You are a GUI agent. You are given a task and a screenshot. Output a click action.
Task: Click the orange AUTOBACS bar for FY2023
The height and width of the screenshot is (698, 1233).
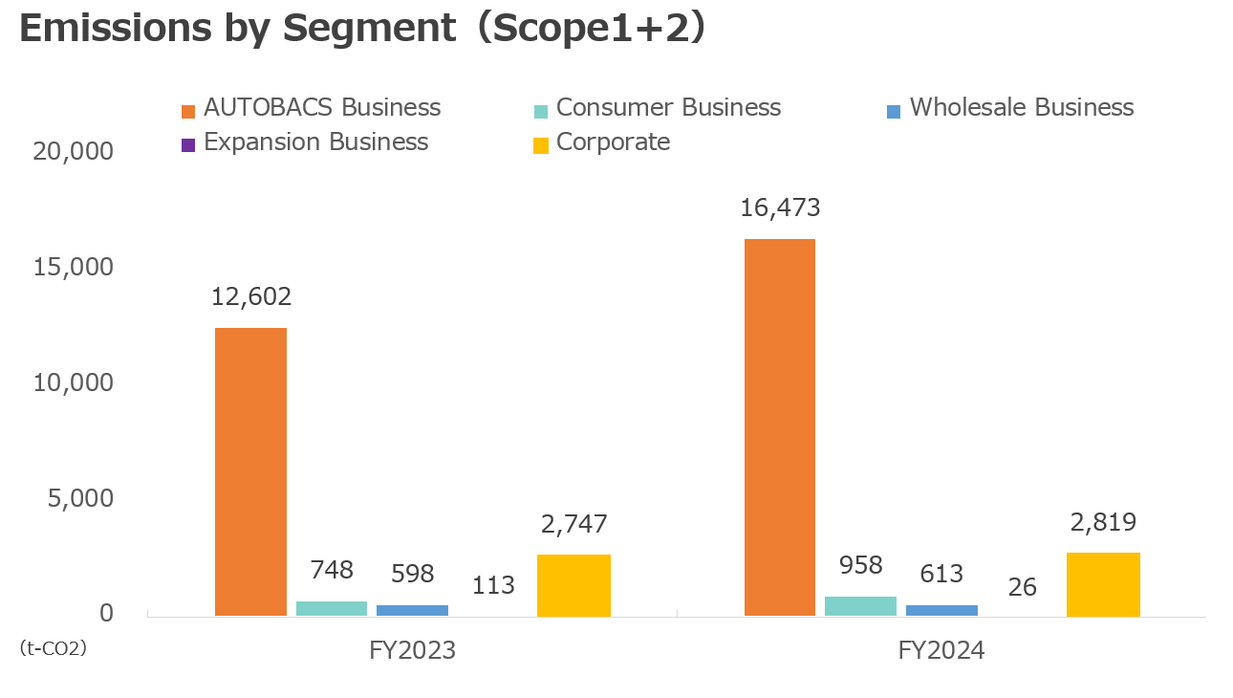(x=250, y=472)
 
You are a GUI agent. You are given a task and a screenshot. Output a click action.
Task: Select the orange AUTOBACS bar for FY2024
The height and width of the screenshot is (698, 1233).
(x=779, y=427)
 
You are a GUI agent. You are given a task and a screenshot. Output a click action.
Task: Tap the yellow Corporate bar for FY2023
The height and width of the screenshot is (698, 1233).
(x=573, y=585)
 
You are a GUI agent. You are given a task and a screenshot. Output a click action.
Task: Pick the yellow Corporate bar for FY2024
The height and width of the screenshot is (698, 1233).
(x=1103, y=584)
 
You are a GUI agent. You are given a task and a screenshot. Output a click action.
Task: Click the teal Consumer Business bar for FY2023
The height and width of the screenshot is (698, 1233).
(x=332, y=608)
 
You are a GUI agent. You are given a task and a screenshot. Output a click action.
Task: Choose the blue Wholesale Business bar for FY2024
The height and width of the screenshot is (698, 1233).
(x=941, y=610)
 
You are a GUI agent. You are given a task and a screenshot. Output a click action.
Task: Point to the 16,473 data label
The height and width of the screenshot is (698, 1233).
(x=780, y=207)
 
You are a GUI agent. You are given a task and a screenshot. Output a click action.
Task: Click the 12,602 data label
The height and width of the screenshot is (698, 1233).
(x=251, y=296)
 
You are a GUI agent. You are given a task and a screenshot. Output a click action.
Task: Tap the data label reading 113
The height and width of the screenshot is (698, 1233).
(x=494, y=585)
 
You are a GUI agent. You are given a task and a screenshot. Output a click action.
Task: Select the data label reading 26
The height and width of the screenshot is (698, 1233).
(x=1022, y=586)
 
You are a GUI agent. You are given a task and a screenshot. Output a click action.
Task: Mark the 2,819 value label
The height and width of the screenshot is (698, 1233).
(x=1103, y=522)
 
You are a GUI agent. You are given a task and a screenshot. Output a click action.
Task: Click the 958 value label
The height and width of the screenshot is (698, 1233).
(x=860, y=565)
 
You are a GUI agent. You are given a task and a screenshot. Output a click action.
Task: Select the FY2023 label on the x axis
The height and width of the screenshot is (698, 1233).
(x=412, y=651)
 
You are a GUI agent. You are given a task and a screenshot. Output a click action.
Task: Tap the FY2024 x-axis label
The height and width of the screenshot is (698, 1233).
(x=941, y=651)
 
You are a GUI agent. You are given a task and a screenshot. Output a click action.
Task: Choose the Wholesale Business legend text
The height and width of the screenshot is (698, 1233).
(x=1021, y=107)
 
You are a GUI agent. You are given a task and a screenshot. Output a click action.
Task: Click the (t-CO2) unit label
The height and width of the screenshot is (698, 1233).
(x=54, y=648)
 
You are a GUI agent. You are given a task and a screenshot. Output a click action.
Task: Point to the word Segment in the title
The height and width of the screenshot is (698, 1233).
(x=369, y=29)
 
